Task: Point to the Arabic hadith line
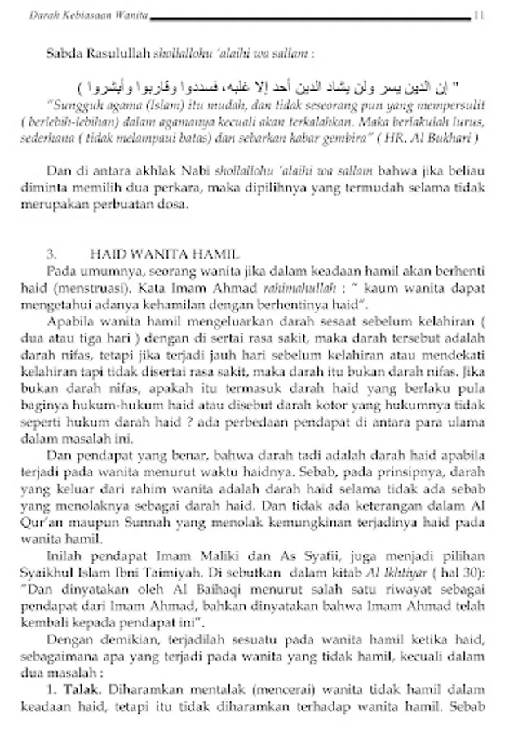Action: click(268, 86)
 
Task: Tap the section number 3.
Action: click(51, 254)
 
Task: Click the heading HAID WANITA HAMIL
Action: click(164, 254)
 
